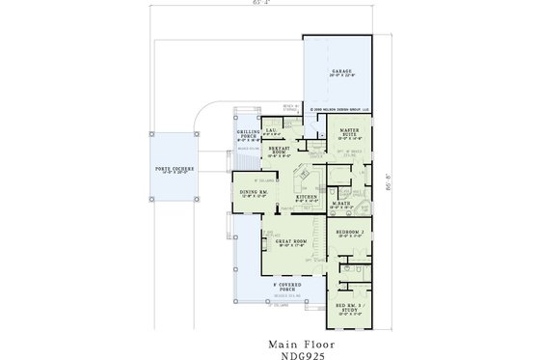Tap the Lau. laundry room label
[273, 130]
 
